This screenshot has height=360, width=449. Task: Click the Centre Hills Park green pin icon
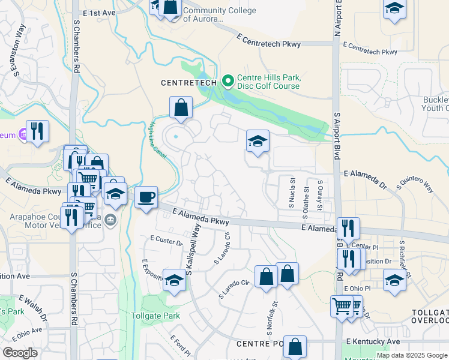point(228,80)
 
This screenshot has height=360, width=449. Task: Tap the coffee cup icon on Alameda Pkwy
point(146,196)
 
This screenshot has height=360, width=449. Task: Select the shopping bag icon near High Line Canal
point(181,108)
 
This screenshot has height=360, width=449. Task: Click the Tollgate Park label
point(155,316)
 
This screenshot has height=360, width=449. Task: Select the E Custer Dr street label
point(166,241)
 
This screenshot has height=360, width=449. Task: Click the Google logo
point(20,353)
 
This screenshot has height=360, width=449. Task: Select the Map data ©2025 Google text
point(412,355)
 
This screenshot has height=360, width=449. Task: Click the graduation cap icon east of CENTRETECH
point(258,142)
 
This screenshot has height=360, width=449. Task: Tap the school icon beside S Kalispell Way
point(174,281)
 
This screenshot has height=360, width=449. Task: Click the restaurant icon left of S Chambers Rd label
point(38,131)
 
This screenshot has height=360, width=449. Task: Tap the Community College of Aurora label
point(220,15)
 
